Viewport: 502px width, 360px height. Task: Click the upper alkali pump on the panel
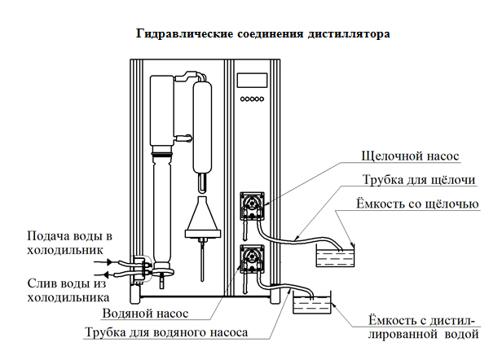coord(252,205)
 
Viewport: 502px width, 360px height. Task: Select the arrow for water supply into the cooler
coord(105,262)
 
